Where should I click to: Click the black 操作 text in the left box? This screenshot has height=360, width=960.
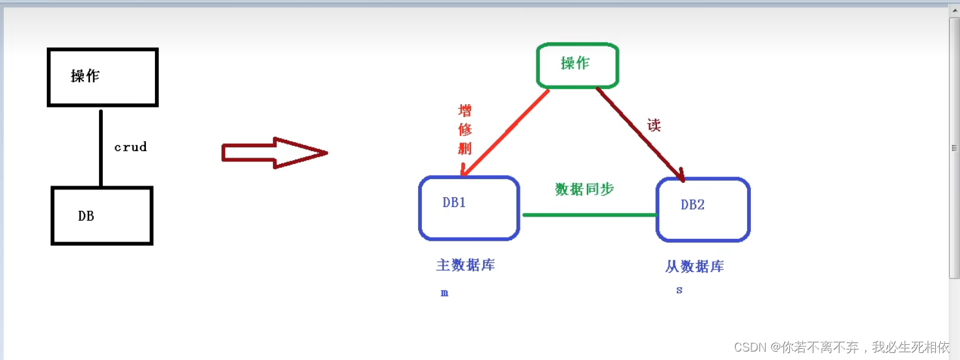(85, 76)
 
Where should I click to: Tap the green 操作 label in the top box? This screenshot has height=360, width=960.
(575, 63)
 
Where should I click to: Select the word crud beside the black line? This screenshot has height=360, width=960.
(130, 147)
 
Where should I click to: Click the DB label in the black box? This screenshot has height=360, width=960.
(86, 216)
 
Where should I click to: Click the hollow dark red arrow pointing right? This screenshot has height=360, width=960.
(274, 153)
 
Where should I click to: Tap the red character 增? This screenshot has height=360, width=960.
(465, 110)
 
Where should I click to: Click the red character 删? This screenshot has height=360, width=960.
(465, 148)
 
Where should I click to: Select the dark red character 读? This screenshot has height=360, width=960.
(654, 125)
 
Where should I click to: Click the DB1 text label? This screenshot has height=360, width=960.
(454, 202)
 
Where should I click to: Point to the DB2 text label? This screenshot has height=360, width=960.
(692, 205)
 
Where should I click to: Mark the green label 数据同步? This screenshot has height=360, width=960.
(584, 189)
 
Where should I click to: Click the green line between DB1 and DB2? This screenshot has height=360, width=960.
(589, 214)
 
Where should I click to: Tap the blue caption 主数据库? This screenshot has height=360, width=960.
(465, 265)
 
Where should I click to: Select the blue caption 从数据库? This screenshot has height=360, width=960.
(694, 266)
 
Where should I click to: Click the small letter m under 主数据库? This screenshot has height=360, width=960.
(444, 294)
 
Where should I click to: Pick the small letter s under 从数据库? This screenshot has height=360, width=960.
(679, 290)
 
